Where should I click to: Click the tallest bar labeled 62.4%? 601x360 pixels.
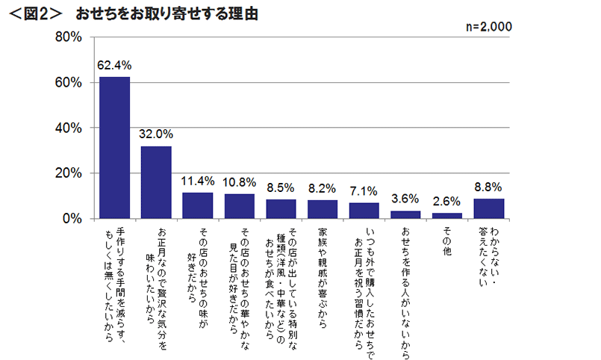click(x=115, y=148)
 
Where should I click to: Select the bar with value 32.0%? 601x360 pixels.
click(x=157, y=182)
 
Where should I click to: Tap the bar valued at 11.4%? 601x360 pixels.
click(x=198, y=205)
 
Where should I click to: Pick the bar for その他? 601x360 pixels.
click(x=447, y=216)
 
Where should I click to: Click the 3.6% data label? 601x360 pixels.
click(x=405, y=199)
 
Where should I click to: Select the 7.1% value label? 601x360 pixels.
click(x=364, y=191)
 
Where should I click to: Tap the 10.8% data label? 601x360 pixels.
click(x=240, y=182)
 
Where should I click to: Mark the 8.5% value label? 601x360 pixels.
click(x=281, y=187)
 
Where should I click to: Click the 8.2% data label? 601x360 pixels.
click(x=323, y=188)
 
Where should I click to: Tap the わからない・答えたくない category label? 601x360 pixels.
click(x=488, y=257)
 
